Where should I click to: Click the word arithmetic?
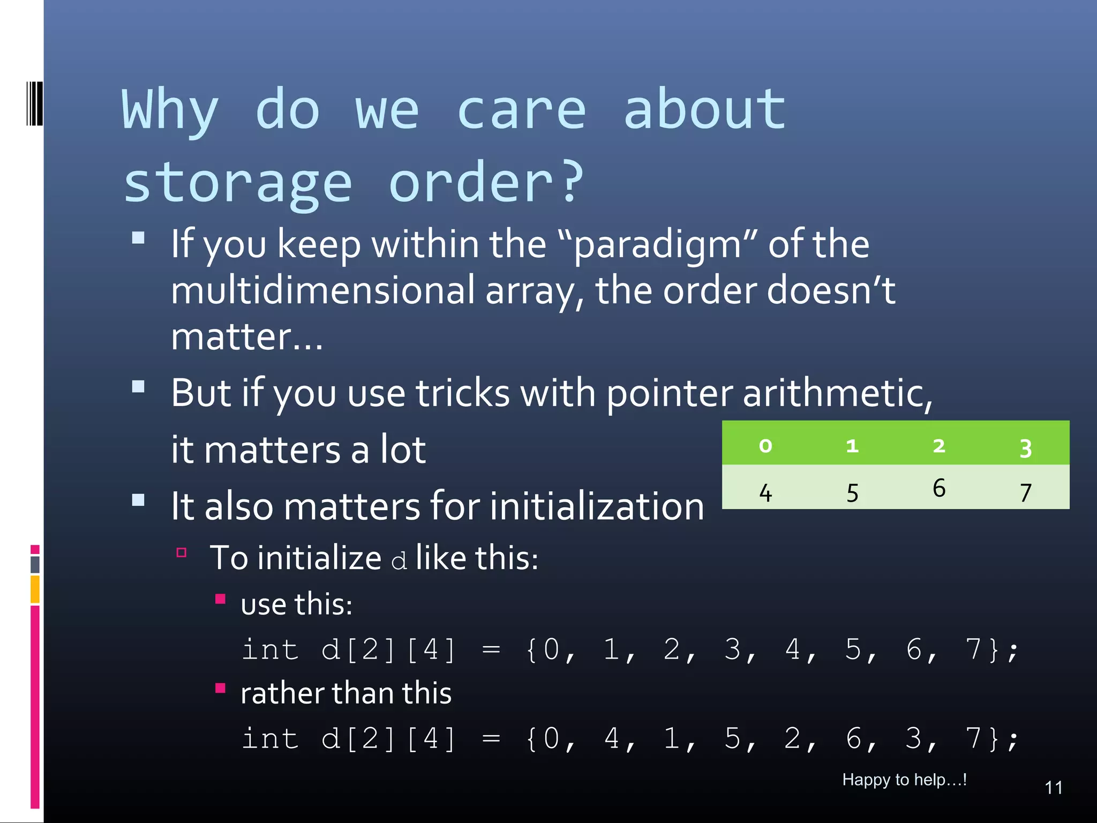coord(837,394)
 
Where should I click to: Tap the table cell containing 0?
coord(765,445)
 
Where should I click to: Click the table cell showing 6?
coord(938,488)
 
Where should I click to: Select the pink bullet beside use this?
coord(220,599)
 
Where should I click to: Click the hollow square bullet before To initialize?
coord(181,552)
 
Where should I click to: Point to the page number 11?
coord(1053,788)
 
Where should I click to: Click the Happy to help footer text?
coord(904,780)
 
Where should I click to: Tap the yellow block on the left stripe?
coord(35,589)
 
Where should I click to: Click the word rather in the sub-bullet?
coord(282,693)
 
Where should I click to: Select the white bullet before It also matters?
coord(138,500)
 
